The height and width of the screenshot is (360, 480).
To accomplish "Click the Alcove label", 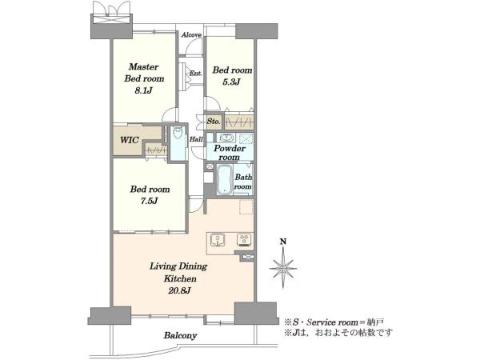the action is coord(191,35).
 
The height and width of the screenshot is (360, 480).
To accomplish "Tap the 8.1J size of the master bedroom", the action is coord(144,90).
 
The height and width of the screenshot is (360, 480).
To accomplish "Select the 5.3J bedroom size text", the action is coord(231,82).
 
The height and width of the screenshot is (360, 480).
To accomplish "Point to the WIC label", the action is coord(129,140).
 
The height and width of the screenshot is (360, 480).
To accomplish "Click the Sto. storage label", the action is coord(214,122).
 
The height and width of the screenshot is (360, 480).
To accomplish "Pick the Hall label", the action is coord(196,139).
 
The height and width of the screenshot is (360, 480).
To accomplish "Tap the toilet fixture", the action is coord(178,134).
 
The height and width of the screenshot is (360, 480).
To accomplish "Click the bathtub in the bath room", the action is coord(224,180).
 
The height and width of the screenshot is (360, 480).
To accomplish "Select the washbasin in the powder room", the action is coord(227,138).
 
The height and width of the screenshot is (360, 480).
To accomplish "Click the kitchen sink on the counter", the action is coord(218,240).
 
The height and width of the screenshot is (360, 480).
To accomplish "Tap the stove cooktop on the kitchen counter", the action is coord(244,239).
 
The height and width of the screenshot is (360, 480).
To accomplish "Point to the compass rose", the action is coord(283,267).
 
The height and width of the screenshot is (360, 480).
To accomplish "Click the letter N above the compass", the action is coord(283,242).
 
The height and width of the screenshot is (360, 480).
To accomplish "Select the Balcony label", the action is coord(180,335).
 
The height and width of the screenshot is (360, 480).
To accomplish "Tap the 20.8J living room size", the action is coord(179,290).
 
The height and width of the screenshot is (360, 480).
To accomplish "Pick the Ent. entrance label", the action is coord(196,74).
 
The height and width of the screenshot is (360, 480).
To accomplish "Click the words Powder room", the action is coord(230,153).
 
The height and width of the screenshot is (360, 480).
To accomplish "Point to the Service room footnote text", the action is coord(334,322).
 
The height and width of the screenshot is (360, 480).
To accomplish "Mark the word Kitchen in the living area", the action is coord(180,278).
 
